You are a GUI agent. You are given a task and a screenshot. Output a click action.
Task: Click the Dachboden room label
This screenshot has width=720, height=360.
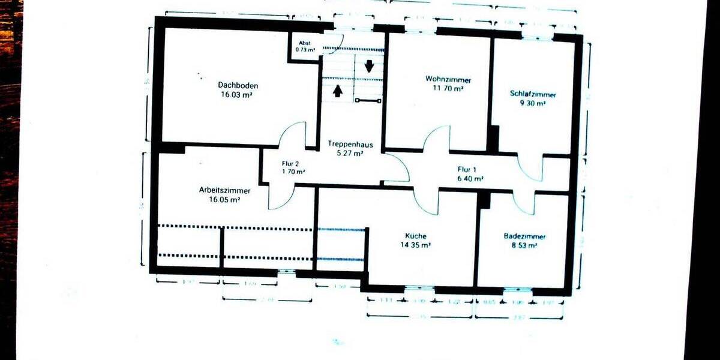point(238,85)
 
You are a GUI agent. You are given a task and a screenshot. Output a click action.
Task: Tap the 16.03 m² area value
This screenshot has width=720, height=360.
point(238,95)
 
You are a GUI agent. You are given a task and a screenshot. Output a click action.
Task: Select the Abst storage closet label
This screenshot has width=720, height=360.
point(305,43)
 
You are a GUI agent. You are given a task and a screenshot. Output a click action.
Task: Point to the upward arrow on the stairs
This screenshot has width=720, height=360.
point(338,91)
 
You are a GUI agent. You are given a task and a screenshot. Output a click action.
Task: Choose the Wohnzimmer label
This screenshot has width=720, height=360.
point(448,79)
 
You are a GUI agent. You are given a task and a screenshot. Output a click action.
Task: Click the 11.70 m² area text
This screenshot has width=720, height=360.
point(448,88)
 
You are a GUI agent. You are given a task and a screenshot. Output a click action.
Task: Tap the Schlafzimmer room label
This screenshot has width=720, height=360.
point(532,94)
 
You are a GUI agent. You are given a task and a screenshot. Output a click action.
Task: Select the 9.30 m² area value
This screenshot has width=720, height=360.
point(532,103)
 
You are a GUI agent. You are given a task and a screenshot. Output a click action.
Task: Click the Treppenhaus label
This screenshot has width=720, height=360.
point(350,145)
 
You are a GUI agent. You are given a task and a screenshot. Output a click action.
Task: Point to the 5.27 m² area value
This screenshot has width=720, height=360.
point(350,154)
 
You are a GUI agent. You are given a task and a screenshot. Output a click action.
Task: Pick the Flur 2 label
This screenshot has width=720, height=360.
point(290,163)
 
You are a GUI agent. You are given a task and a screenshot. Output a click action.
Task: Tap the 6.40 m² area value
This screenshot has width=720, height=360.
point(470,178)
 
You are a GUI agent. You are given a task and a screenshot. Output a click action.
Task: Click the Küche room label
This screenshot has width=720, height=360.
point(415,236)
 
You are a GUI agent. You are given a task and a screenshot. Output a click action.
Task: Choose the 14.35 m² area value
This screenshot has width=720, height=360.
point(415,245)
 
